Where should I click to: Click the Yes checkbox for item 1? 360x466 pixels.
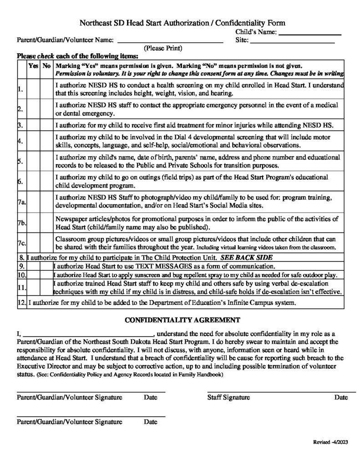[x=34, y=89]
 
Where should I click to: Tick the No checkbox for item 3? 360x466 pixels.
[x=46, y=124]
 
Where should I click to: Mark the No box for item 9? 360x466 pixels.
[x=46, y=266]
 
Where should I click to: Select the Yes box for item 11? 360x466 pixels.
[x=34, y=288]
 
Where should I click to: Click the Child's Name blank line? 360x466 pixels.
[x=309, y=33]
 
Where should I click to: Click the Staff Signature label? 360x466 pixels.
[x=228, y=397]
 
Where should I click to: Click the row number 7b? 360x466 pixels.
[x=21, y=223]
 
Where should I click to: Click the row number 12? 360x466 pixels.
[x=21, y=302]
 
